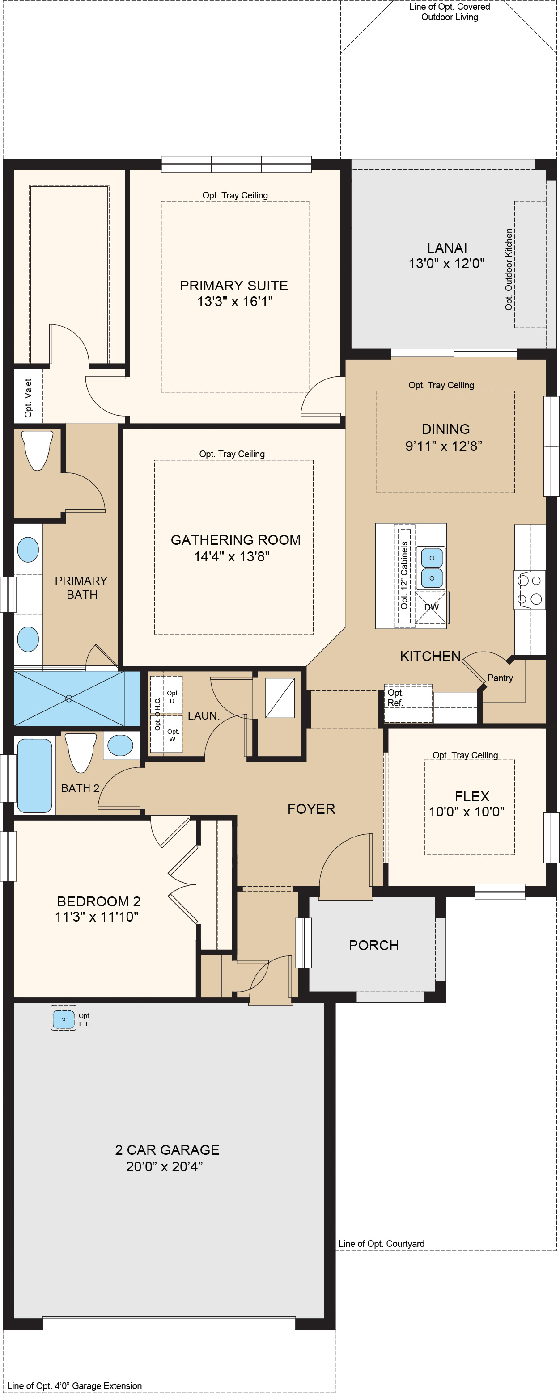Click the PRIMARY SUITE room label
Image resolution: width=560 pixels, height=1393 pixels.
pos(234,286)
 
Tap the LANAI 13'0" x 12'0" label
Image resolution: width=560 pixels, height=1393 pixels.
pos(446,256)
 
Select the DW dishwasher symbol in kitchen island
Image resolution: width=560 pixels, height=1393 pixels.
pos(431,607)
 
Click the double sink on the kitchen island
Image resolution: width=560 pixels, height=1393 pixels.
pos(431,568)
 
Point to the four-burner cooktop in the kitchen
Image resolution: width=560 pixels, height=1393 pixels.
pos(529,590)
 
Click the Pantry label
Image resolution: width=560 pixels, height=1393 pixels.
pos(500,678)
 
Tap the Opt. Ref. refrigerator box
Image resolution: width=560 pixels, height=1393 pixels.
pos(408,703)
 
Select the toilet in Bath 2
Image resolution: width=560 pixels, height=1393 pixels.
pos(81,751)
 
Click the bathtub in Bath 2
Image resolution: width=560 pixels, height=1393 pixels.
pos(34,775)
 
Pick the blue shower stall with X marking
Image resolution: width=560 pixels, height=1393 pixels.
pos(69,699)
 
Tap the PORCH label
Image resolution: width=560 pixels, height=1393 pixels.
pos(373,945)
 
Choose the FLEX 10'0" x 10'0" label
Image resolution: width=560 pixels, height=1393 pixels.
pos(467,804)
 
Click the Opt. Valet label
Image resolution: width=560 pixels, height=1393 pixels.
pos(28,398)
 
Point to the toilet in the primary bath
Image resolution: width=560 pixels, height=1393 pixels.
pos(37,450)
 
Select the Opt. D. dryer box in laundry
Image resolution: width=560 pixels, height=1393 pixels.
pos(172,696)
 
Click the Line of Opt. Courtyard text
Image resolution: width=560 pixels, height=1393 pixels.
pos(381,1243)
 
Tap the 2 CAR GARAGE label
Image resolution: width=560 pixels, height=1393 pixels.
pos(167,1149)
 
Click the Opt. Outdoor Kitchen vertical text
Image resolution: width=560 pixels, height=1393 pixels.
pos(509,269)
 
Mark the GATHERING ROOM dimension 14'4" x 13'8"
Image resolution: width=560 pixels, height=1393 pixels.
pos(232,556)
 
